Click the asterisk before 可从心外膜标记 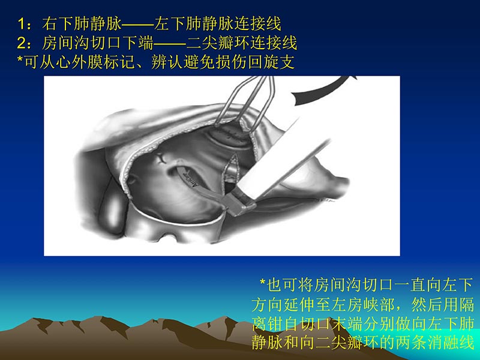point(21,62)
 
